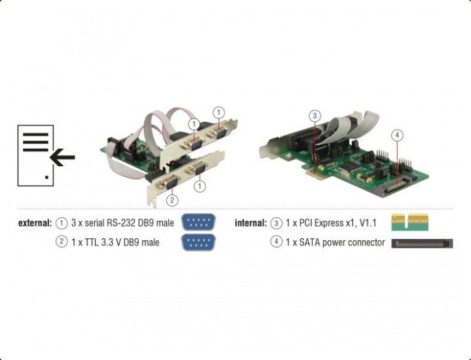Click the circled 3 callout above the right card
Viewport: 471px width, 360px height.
(314, 116)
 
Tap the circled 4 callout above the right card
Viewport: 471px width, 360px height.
(397, 135)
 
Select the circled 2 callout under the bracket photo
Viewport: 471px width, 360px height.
(172, 200)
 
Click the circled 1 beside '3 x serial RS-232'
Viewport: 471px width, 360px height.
(62, 223)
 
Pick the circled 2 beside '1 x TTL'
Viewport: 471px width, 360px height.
(62, 242)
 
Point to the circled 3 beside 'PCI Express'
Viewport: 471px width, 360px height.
(277, 223)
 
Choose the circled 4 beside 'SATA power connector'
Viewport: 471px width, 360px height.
(277, 242)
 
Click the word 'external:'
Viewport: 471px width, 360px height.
(35, 223)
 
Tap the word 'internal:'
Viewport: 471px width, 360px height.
(251, 223)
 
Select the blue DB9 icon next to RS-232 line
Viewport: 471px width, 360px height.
(198, 222)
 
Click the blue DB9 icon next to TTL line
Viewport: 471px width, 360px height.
(198, 242)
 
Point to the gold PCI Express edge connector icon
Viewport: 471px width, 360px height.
(410, 222)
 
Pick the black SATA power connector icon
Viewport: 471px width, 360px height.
(422, 243)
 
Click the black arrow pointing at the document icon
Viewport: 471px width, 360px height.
(62, 157)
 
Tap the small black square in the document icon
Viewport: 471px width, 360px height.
(46, 177)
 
